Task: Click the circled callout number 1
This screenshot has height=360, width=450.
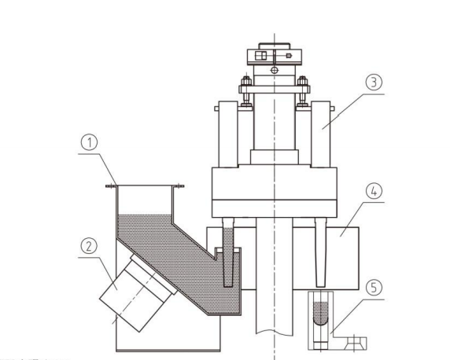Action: point(90,143)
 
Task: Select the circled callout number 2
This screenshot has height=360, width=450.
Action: point(89,246)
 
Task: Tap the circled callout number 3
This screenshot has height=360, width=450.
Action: point(374,83)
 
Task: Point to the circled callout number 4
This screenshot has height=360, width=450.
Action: point(374,191)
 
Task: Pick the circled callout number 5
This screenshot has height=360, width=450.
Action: point(374,288)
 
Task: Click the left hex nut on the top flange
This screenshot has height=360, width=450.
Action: point(246,81)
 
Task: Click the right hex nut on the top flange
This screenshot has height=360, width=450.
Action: point(302,81)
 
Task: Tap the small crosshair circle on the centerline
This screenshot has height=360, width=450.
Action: point(275,70)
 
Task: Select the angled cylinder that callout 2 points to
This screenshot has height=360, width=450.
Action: point(138,292)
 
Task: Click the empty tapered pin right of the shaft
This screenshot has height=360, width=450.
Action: point(320,252)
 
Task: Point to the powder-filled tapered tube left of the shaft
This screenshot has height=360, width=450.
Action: point(228,252)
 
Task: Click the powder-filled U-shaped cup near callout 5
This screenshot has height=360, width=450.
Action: point(320,314)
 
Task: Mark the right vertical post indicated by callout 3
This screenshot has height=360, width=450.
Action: point(320,134)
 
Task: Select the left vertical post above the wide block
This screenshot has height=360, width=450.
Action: point(228,134)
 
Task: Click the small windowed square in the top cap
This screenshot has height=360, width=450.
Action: point(260,56)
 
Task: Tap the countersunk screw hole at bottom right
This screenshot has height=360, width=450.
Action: point(355,343)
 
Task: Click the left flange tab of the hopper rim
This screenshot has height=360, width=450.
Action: point(112,186)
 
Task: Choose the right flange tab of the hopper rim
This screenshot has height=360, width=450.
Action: point(179,186)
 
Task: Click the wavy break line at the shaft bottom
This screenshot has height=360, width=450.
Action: point(275,332)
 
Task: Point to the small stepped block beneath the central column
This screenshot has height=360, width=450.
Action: point(275,157)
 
